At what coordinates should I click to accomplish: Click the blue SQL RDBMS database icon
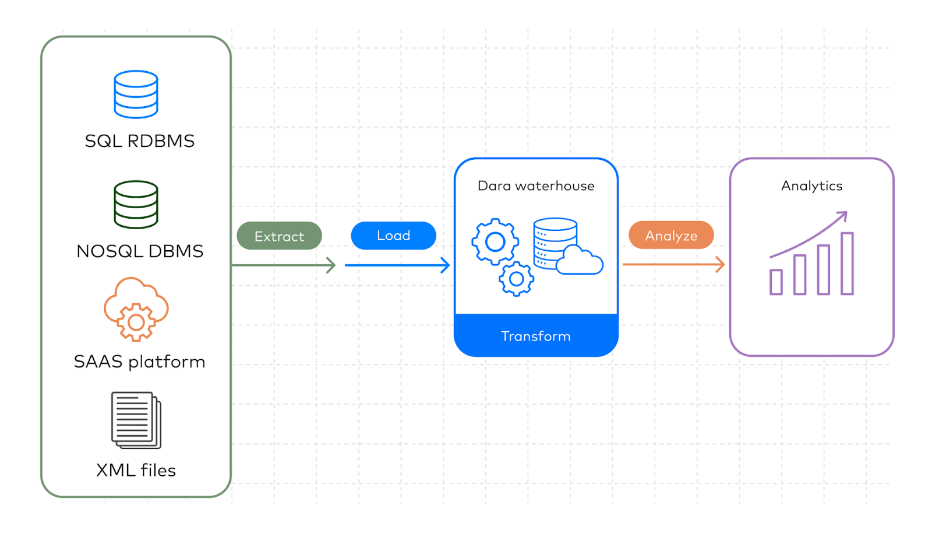click(136, 94)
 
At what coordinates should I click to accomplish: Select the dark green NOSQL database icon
click(136, 205)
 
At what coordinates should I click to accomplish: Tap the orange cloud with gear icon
click(136, 309)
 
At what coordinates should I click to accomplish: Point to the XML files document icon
click(136, 420)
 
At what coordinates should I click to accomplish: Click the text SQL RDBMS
click(140, 141)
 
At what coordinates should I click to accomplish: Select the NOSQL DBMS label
click(140, 251)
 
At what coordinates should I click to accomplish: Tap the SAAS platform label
click(139, 362)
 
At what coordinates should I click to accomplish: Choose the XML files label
click(136, 470)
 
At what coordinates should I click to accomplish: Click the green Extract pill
click(279, 236)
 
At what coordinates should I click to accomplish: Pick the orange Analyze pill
click(671, 236)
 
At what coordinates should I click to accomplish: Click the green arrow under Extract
click(283, 265)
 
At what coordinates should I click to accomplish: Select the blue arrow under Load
click(397, 265)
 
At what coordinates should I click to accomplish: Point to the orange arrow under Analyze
click(673, 265)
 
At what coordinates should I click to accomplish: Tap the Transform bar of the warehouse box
click(536, 336)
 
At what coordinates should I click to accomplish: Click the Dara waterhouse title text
click(536, 186)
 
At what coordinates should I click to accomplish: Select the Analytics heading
click(811, 186)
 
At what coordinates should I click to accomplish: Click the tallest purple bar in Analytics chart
click(847, 264)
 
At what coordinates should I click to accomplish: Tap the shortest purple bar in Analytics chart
click(776, 282)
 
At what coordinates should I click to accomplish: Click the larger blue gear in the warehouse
click(495, 241)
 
